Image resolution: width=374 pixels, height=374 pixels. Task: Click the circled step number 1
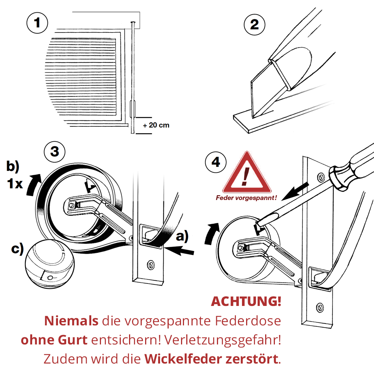coord(37,23)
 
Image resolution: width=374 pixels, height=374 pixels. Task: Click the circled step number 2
coord(254,25)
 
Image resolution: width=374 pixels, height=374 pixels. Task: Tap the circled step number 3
coord(55,152)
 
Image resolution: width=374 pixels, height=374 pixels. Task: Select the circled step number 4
coord(216,162)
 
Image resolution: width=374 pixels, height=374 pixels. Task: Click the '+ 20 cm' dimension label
coord(156,125)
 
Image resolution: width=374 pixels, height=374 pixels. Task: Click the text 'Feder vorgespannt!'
coord(246,198)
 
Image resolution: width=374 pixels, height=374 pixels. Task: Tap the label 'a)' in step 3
coord(182,236)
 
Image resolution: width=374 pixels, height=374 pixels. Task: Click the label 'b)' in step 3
coord(13,166)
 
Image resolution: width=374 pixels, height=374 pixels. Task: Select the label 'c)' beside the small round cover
coord(18,249)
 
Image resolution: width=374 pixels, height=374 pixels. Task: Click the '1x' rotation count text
coord(15,184)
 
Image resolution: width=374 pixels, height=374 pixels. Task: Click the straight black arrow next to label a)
coord(179,251)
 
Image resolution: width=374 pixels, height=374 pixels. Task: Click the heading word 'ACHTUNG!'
coord(246,301)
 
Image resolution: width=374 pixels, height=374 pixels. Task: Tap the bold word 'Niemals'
coord(71,321)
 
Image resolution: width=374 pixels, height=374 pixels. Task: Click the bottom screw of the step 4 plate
coord(320,308)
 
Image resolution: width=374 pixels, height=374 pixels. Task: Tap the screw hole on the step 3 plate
coord(150,265)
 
